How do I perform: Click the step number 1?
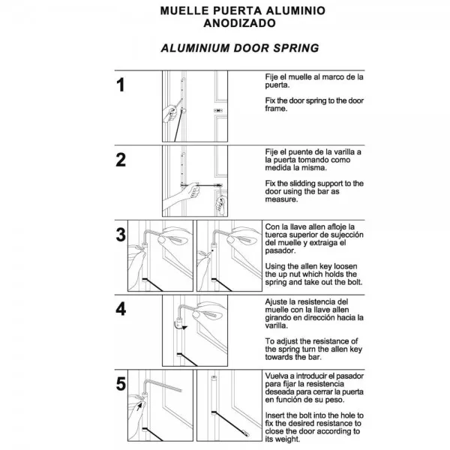point(121,84)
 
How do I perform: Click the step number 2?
point(121,160)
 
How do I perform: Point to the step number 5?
point(121,384)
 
